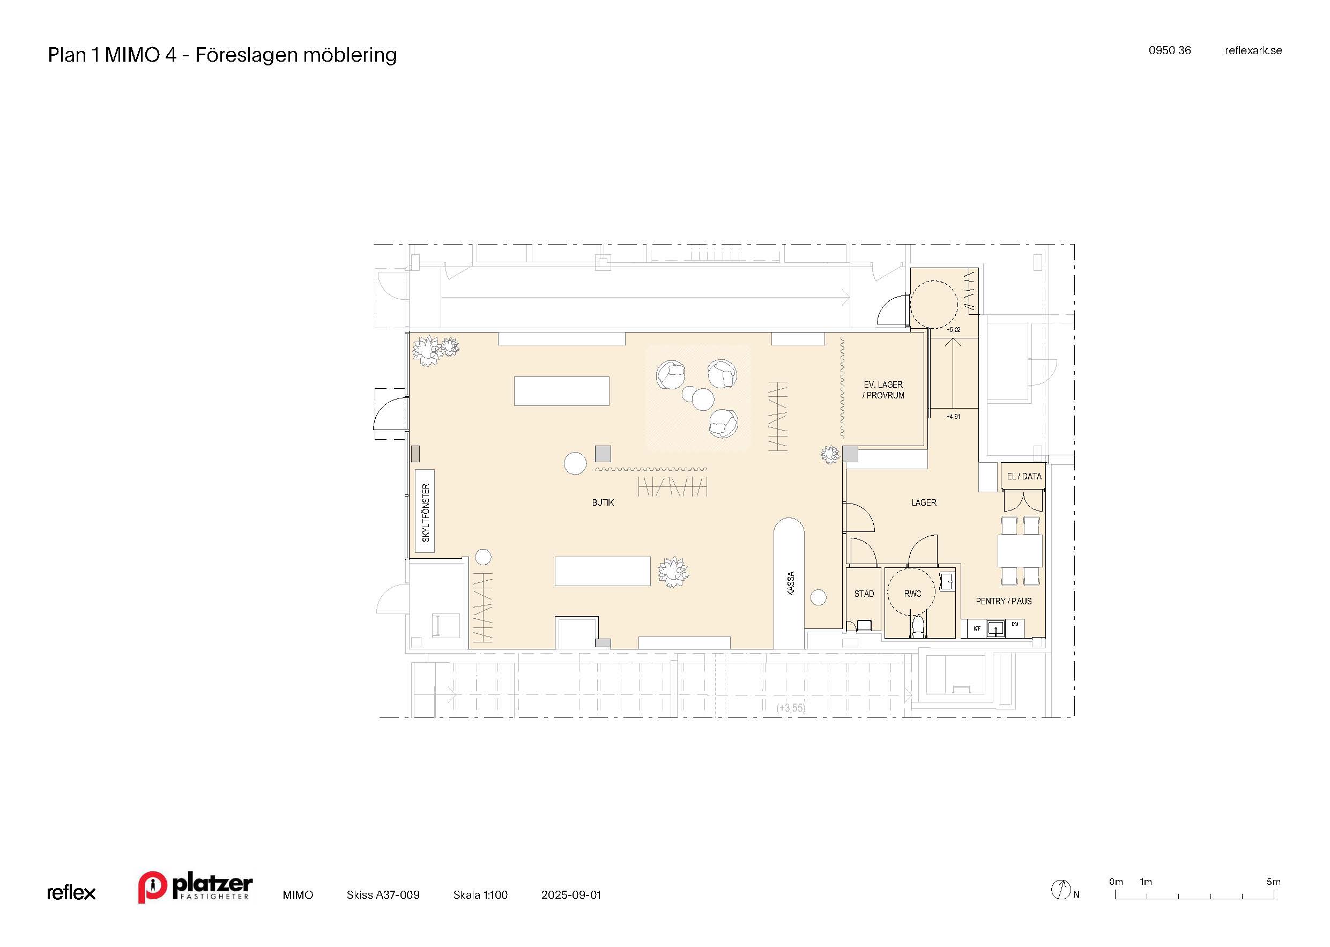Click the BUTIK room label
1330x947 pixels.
pos(603,502)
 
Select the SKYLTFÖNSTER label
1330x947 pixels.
pos(426,513)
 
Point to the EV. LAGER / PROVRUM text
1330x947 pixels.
pos(883,390)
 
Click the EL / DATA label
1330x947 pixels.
pos(1024,476)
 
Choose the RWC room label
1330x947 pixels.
pos(913,594)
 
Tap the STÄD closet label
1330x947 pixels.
pos(864,594)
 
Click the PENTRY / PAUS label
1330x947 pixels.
pos(1004,601)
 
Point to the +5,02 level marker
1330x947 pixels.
pos(954,330)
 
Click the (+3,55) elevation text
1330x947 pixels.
pos(790,708)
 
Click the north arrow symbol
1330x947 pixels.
pos(1061,889)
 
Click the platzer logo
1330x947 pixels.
pos(195,887)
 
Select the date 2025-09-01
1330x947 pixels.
pos(570,894)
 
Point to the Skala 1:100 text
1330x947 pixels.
pos(480,894)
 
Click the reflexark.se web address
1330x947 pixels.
pos(1253,51)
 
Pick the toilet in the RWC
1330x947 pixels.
pos(918,626)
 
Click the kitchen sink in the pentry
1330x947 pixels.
pos(995,628)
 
